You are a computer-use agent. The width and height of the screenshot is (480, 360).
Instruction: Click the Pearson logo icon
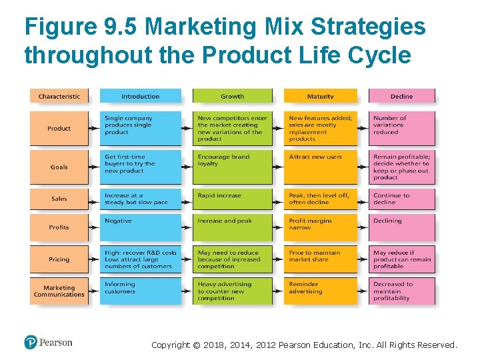(31, 343)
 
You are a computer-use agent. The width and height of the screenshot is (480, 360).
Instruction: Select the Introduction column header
(140, 96)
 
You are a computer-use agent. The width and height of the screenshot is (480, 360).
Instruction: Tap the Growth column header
(232, 96)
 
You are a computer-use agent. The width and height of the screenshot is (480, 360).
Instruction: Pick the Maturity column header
(321, 96)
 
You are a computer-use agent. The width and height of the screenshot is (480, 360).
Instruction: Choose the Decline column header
(401, 96)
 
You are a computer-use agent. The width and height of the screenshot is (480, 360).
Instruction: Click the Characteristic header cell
(59, 96)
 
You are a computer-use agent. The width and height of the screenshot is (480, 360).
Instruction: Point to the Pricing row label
(59, 259)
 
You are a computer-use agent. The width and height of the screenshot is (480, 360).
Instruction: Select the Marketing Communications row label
(59, 291)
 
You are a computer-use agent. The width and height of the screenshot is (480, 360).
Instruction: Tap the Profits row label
(59, 227)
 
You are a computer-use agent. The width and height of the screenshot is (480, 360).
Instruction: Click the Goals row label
(59, 167)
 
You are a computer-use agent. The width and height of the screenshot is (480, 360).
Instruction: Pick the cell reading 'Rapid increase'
(232, 198)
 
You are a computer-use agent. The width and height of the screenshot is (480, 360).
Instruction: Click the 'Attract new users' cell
(321, 167)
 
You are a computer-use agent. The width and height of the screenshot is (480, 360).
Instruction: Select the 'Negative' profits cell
(140, 227)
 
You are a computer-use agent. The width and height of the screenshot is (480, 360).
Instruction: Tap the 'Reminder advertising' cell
(321, 291)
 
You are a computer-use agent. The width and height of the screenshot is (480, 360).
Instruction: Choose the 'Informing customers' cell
(140, 291)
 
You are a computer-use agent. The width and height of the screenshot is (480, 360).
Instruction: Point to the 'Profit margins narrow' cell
(321, 227)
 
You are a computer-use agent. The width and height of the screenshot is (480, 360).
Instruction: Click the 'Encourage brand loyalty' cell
(232, 167)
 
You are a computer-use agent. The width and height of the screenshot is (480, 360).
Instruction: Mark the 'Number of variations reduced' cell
(401, 128)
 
